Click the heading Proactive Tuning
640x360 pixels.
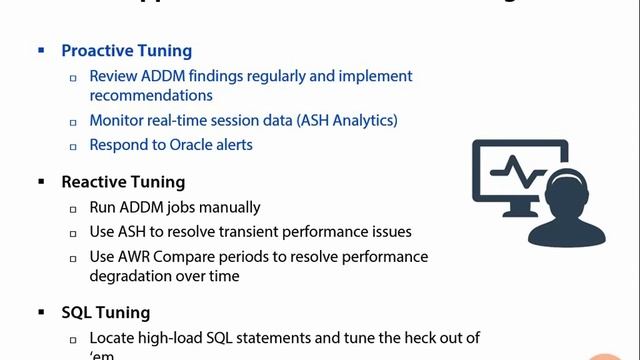[126, 50]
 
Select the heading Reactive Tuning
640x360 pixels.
[123, 182]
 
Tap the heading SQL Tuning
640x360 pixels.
[105, 313]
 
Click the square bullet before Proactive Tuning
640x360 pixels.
[41, 50]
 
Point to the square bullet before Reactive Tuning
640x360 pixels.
[41, 182]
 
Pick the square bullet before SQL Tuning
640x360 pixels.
[41, 313]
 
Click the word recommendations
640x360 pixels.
[150, 96]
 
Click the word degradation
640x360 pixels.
[130, 276]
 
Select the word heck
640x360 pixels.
[384, 338]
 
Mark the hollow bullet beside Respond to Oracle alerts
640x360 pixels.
[73, 146]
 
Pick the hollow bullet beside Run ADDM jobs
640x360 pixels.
[73, 208]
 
